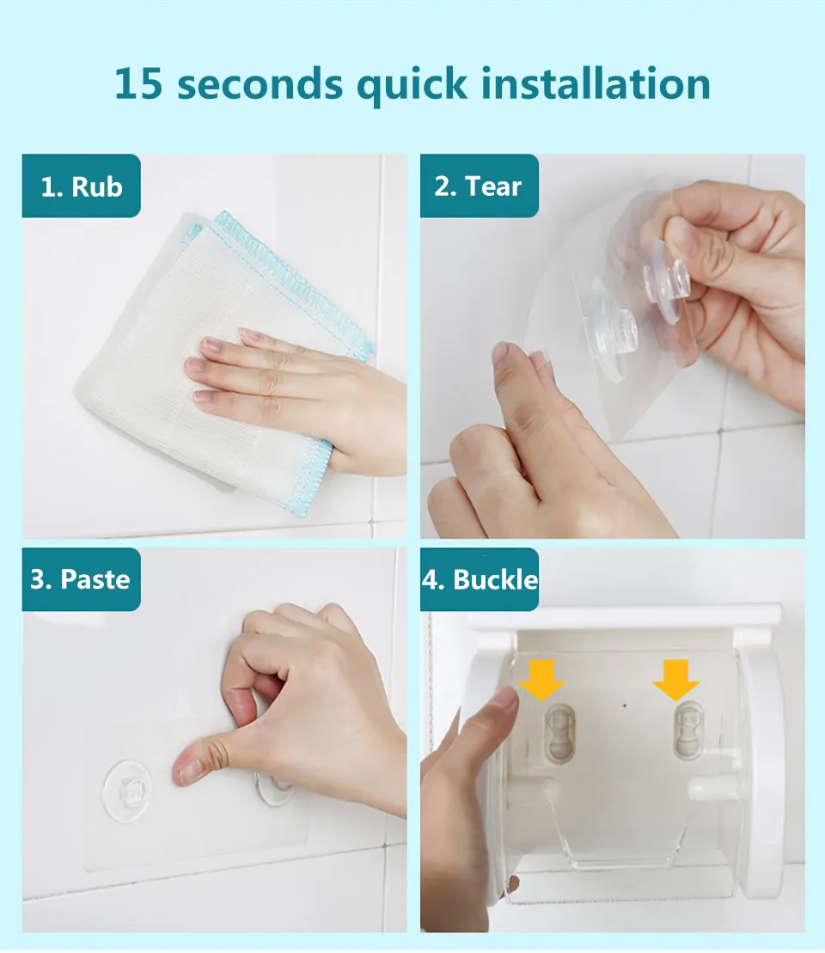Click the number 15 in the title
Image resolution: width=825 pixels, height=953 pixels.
click(138, 83)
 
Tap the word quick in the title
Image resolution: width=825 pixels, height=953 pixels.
click(412, 86)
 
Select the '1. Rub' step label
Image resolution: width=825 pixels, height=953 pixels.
click(82, 186)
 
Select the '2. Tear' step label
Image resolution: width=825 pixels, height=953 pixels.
click(479, 186)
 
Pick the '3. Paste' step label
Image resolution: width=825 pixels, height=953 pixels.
click(82, 579)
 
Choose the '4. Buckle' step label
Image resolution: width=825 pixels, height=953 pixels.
click(479, 579)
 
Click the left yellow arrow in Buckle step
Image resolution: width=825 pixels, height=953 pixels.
click(541, 680)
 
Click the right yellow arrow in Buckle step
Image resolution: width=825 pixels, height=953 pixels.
click(675, 680)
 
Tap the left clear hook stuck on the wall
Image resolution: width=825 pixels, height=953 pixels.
click(127, 791)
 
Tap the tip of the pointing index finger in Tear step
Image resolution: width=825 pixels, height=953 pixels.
click(501, 352)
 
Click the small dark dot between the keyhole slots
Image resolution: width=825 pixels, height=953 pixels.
click(626, 706)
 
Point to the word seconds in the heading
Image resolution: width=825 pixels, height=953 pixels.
click(260, 84)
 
